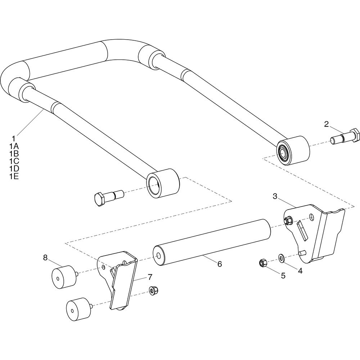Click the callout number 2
pos(327,124)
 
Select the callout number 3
pos(275,196)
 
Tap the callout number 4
pos(300,271)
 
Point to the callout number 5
pos(283,275)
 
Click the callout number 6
pos(220,264)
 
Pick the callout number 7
pos(150,277)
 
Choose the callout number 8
pos(45,258)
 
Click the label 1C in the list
pos(14,161)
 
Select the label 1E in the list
pos(14,176)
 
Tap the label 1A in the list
pos(14,146)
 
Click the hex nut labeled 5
pos(263,263)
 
